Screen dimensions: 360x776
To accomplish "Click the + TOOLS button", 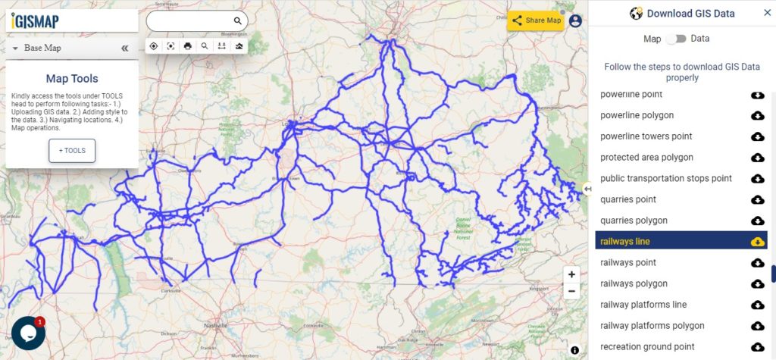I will [72, 150].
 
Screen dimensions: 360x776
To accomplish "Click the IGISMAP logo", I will [35, 21].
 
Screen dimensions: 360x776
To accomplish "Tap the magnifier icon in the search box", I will [237, 21].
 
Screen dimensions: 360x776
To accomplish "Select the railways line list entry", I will [625, 241].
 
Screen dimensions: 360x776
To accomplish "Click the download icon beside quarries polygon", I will [756, 221].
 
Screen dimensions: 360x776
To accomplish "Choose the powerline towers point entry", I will [646, 136].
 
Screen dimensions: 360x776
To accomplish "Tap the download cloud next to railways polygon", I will [756, 283].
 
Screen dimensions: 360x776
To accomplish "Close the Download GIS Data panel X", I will [766, 13].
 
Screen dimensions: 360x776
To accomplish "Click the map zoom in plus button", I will [571, 274].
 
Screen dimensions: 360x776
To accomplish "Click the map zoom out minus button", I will [571, 290].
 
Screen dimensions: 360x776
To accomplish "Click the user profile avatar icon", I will [575, 20].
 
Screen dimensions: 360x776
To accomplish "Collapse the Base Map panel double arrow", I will [125, 48].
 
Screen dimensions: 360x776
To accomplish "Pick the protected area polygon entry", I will [646, 158].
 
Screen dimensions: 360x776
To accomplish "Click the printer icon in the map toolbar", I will [187, 46].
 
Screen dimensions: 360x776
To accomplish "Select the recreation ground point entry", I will [647, 346].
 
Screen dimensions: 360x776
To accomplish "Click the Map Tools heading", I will [72, 78].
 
